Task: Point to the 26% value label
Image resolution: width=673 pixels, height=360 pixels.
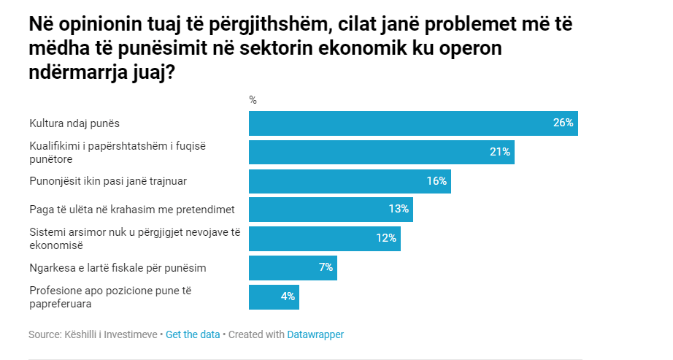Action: (x=564, y=123)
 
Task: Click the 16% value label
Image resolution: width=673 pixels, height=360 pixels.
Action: (x=437, y=181)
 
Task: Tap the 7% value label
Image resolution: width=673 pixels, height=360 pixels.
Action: (x=326, y=267)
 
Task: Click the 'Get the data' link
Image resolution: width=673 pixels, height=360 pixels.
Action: (x=193, y=334)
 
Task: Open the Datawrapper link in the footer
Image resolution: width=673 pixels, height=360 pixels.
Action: (x=315, y=334)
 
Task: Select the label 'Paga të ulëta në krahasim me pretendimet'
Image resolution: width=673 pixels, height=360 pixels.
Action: (x=131, y=210)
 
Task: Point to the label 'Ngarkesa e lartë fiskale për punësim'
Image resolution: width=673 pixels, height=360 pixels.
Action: (x=118, y=267)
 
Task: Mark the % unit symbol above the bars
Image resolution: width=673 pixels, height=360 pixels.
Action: (x=253, y=100)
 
